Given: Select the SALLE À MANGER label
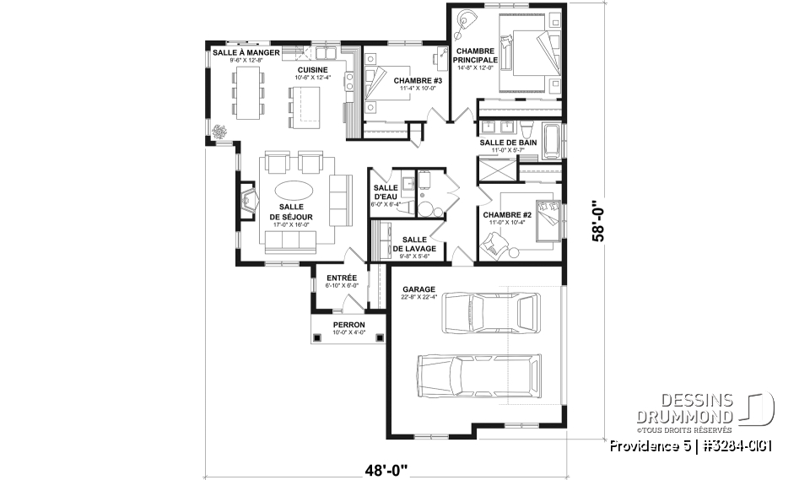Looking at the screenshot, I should (238, 52).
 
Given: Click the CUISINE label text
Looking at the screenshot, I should (313, 70).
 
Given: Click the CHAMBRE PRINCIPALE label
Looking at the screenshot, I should (473, 56).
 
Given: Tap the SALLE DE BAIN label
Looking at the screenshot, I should (507, 143).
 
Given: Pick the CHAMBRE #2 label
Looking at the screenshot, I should (505, 215).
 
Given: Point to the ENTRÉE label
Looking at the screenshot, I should (342, 278).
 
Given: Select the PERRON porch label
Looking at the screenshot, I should (348, 325).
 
